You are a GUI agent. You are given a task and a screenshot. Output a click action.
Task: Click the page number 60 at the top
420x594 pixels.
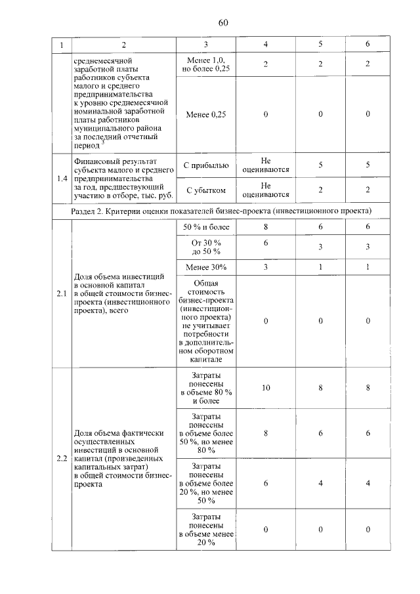222,23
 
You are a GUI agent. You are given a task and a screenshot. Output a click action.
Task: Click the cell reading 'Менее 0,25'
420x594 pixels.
205,114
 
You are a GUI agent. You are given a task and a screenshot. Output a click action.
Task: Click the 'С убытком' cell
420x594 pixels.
205,190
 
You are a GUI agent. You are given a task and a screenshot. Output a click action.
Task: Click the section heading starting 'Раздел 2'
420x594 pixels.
220,211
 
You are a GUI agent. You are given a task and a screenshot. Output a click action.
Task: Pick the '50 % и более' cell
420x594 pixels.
205,226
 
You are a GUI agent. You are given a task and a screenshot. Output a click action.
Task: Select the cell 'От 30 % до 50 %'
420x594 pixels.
205,247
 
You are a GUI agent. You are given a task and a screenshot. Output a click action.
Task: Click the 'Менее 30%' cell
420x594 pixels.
205,267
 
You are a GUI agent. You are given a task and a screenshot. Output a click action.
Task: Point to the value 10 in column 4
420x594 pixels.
265,388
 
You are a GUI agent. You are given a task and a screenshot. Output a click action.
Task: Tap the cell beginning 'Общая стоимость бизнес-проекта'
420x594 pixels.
205,320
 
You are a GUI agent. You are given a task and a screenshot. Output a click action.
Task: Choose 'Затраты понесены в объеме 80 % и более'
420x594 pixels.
205,387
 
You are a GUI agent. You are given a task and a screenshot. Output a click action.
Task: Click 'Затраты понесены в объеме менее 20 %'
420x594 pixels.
205,529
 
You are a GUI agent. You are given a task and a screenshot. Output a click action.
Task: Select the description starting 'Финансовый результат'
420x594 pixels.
121,177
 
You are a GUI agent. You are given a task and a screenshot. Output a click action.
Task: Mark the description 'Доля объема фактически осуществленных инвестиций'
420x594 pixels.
121,457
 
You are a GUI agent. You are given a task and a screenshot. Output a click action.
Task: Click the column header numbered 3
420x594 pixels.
205,45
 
